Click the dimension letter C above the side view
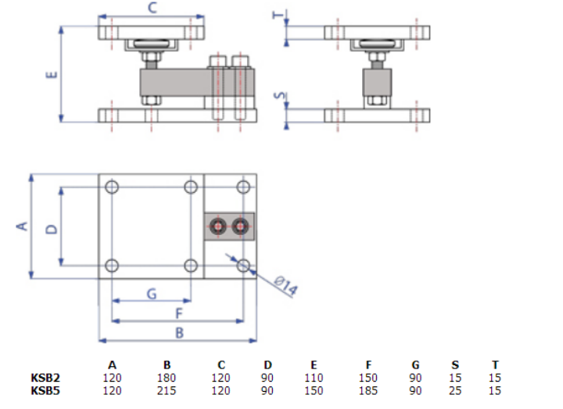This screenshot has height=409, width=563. pyautogui.click(x=153, y=9)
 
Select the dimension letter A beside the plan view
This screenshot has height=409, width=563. pyautogui.click(x=23, y=226)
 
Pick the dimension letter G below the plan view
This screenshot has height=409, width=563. pyautogui.click(x=152, y=293)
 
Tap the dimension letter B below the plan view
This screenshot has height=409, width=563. pyautogui.click(x=179, y=333)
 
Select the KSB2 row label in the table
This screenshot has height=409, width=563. pyautogui.click(x=45, y=378)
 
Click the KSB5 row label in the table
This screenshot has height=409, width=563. pyautogui.click(x=45, y=390)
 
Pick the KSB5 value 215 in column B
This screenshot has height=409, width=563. pyautogui.click(x=167, y=390)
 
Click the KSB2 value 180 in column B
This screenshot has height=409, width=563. pyautogui.click(x=167, y=378)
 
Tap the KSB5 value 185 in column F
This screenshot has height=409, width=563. pyautogui.click(x=368, y=390)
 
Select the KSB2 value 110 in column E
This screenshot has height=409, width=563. pyautogui.click(x=314, y=378)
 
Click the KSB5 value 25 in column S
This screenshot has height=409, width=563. pyautogui.click(x=456, y=390)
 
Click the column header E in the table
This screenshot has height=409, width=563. pyautogui.click(x=314, y=365)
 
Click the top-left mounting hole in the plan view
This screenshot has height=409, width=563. pyautogui.click(x=112, y=187)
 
